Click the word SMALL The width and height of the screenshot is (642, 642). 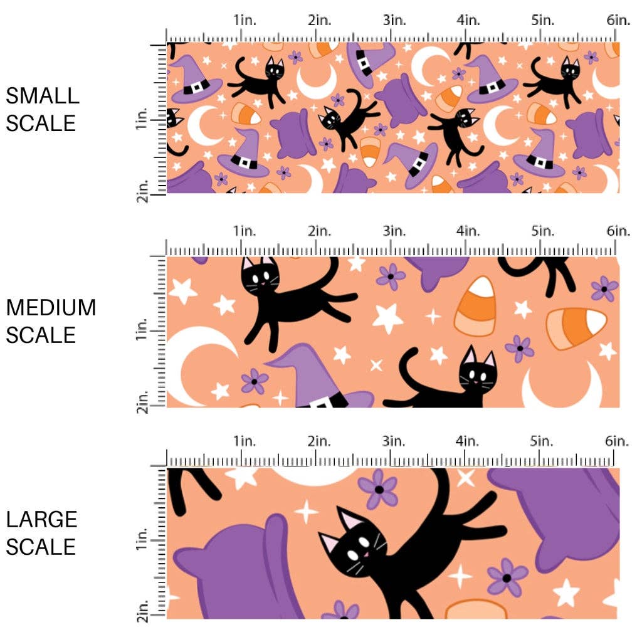pyautogui.click(x=43, y=96)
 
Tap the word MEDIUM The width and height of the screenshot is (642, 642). pyautogui.click(x=51, y=308)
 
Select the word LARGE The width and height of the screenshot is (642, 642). pyautogui.click(x=42, y=519)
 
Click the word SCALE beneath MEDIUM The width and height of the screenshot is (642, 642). pyautogui.click(x=41, y=335)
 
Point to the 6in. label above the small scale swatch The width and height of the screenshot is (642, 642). pyautogui.click(x=618, y=19)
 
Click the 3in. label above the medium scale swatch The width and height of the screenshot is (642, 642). pyautogui.click(x=393, y=231)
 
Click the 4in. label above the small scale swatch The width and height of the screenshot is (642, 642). pyautogui.click(x=468, y=19)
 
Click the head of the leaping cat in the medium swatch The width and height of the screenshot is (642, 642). pyautogui.click(x=261, y=274)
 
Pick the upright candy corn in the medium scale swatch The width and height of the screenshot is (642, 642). pyautogui.click(x=476, y=306)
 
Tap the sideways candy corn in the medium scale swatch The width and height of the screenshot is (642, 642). pyautogui.click(x=576, y=328)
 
